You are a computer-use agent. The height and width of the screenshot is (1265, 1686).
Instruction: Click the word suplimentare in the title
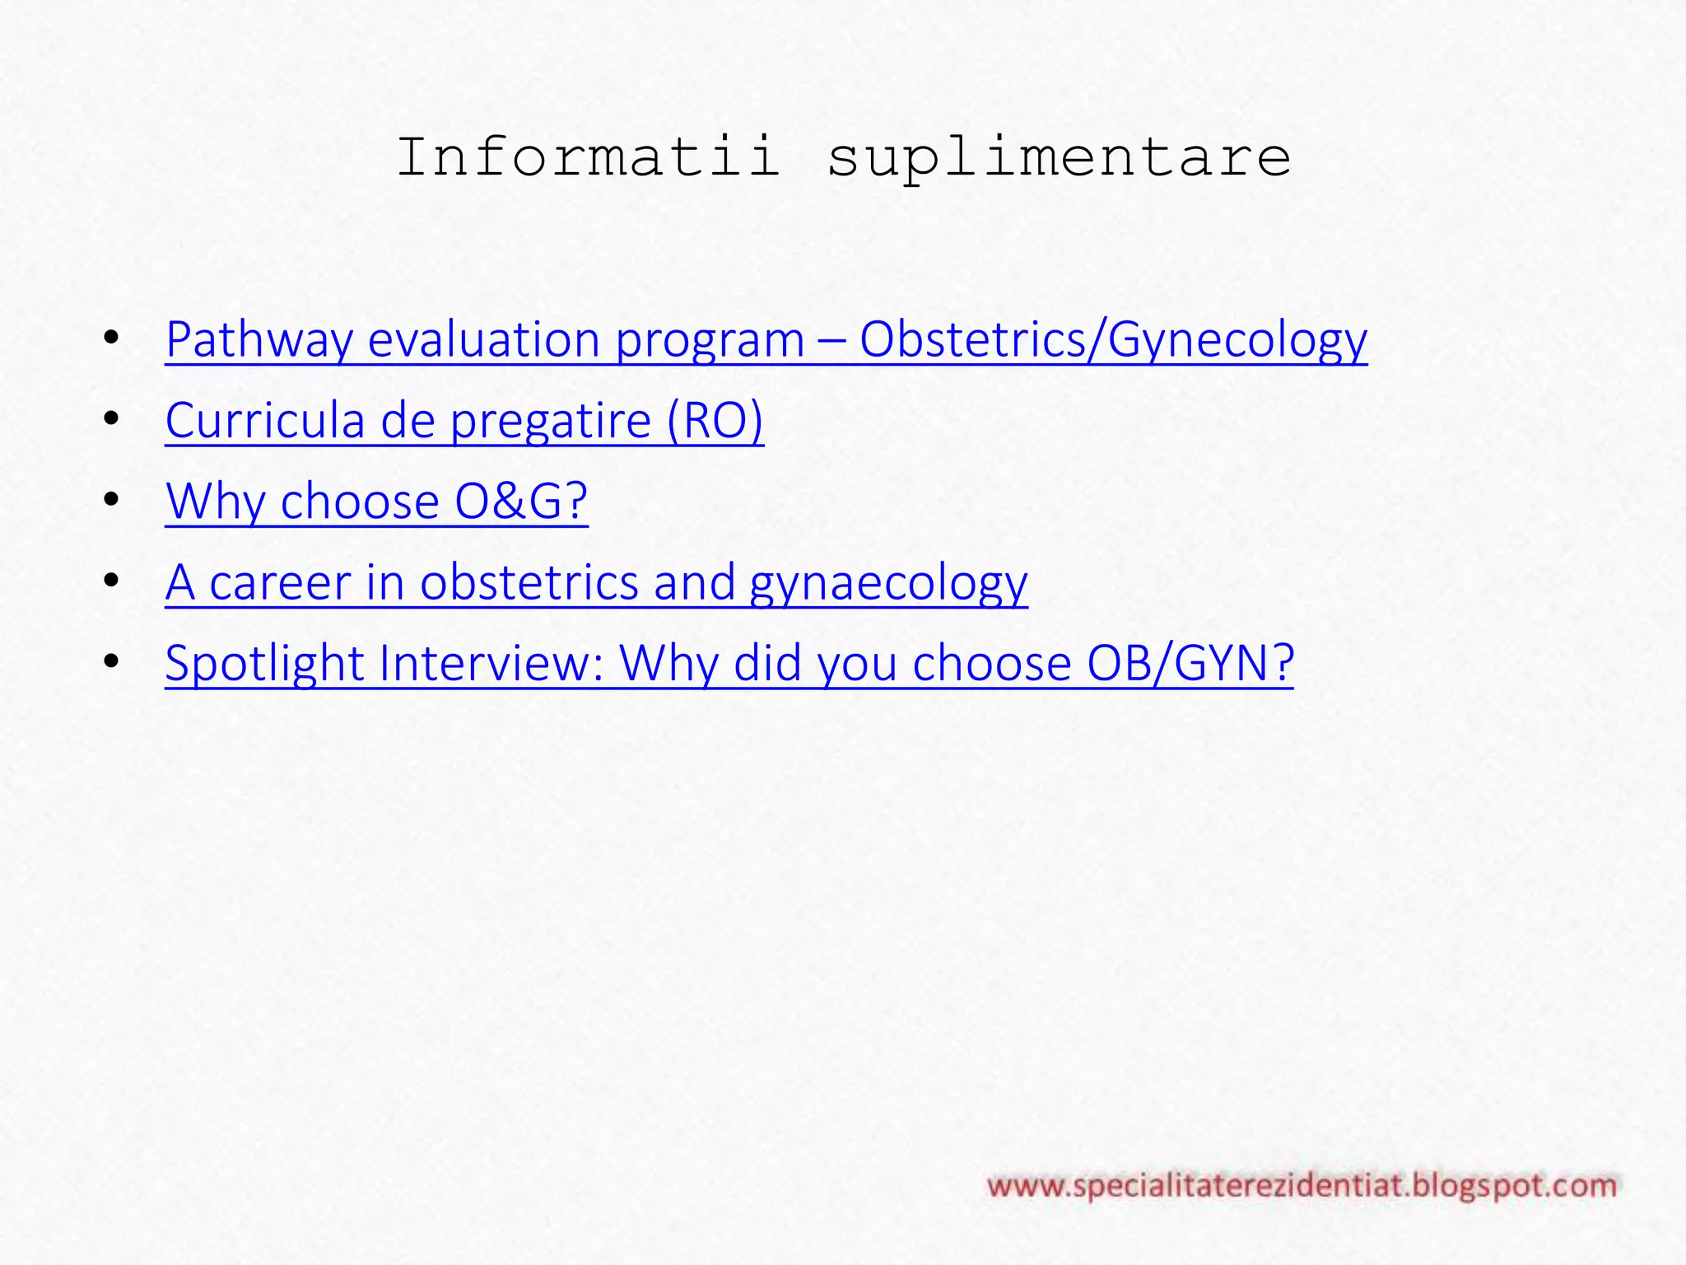click(x=1059, y=158)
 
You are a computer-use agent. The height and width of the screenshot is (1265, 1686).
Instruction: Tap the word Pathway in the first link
click(x=258, y=339)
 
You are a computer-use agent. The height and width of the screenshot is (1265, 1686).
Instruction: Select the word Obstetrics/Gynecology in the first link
click(x=1113, y=339)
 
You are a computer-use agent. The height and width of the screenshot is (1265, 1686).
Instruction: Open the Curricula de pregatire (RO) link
click(x=464, y=420)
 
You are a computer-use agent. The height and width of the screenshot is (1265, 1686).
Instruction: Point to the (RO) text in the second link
click(x=715, y=420)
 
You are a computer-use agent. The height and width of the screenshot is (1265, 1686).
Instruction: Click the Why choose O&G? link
click(x=376, y=501)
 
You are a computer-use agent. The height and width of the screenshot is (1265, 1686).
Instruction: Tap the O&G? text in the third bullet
click(x=521, y=501)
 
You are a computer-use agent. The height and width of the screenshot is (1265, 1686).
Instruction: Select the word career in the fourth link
click(x=280, y=582)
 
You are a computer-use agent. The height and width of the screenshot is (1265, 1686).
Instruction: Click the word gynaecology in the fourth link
click(x=888, y=584)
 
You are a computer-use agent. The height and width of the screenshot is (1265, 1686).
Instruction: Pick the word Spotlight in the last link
click(x=264, y=663)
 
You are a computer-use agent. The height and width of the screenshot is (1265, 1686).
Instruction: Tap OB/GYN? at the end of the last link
click(x=1190, y=663)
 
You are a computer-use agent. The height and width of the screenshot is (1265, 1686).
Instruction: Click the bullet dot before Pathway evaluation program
click(x=112, y=338)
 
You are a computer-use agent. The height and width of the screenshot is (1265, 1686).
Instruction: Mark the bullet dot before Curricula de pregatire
click(x=112, y=419)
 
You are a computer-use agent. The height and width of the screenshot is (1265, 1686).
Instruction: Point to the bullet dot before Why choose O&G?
click(x=112, y=500)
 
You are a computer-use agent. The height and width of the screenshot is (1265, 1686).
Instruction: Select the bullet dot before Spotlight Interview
click(x=112, y=661)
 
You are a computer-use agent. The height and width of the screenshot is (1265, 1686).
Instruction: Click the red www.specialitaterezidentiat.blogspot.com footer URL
click(x=1302, y=1187)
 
